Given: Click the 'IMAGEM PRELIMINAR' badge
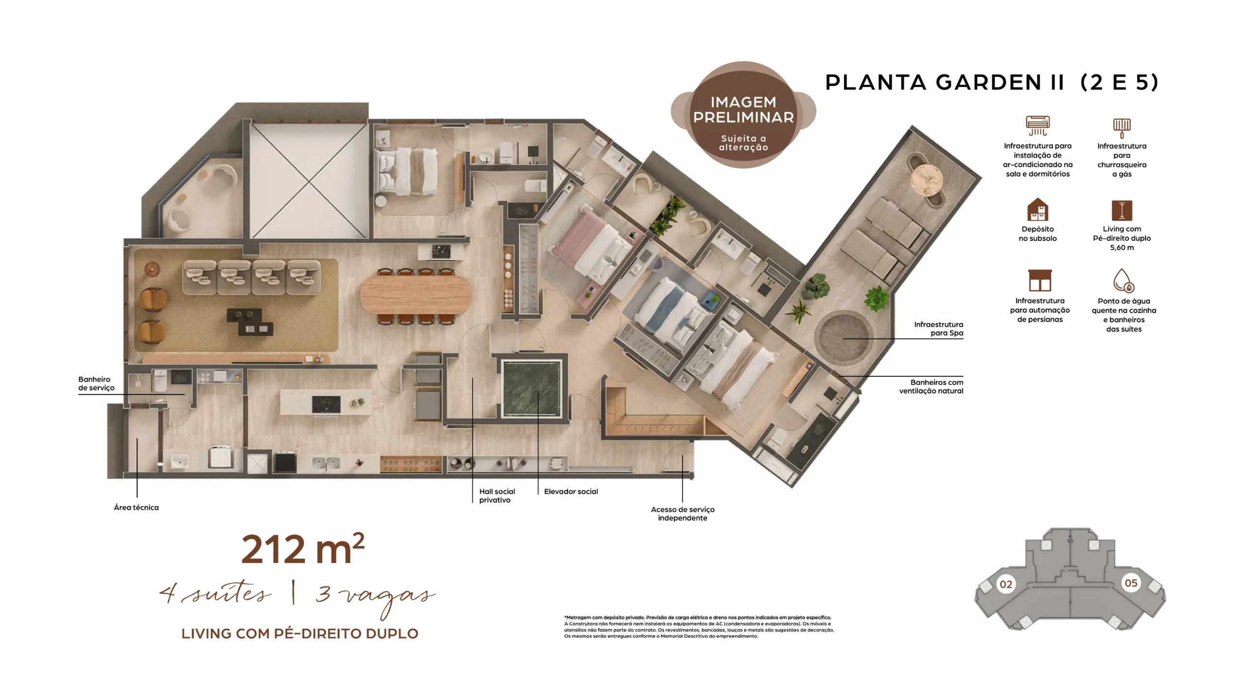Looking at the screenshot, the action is coord(743,115).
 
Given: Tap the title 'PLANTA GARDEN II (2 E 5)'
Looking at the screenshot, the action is coord(992,82).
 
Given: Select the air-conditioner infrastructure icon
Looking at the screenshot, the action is coord(1037,125).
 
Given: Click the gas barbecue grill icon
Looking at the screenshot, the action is coord(1122,128).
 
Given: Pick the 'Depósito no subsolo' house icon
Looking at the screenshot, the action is coord(1037,210).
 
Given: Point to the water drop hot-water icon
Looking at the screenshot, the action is coord(1123,280).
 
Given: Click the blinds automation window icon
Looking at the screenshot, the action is coord(1040,280).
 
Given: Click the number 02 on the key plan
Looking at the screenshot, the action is coord(1006,584).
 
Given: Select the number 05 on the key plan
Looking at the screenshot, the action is coord(1131,583).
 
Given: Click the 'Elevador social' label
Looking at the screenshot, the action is coord(571,491).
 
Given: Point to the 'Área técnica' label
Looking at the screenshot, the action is coord(136,507).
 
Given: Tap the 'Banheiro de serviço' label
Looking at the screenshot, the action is coord(96,384).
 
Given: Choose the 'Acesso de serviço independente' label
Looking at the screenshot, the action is coord(683,514).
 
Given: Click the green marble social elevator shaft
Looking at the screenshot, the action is coord(532,389).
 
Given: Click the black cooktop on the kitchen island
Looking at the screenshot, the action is coord(326,404).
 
